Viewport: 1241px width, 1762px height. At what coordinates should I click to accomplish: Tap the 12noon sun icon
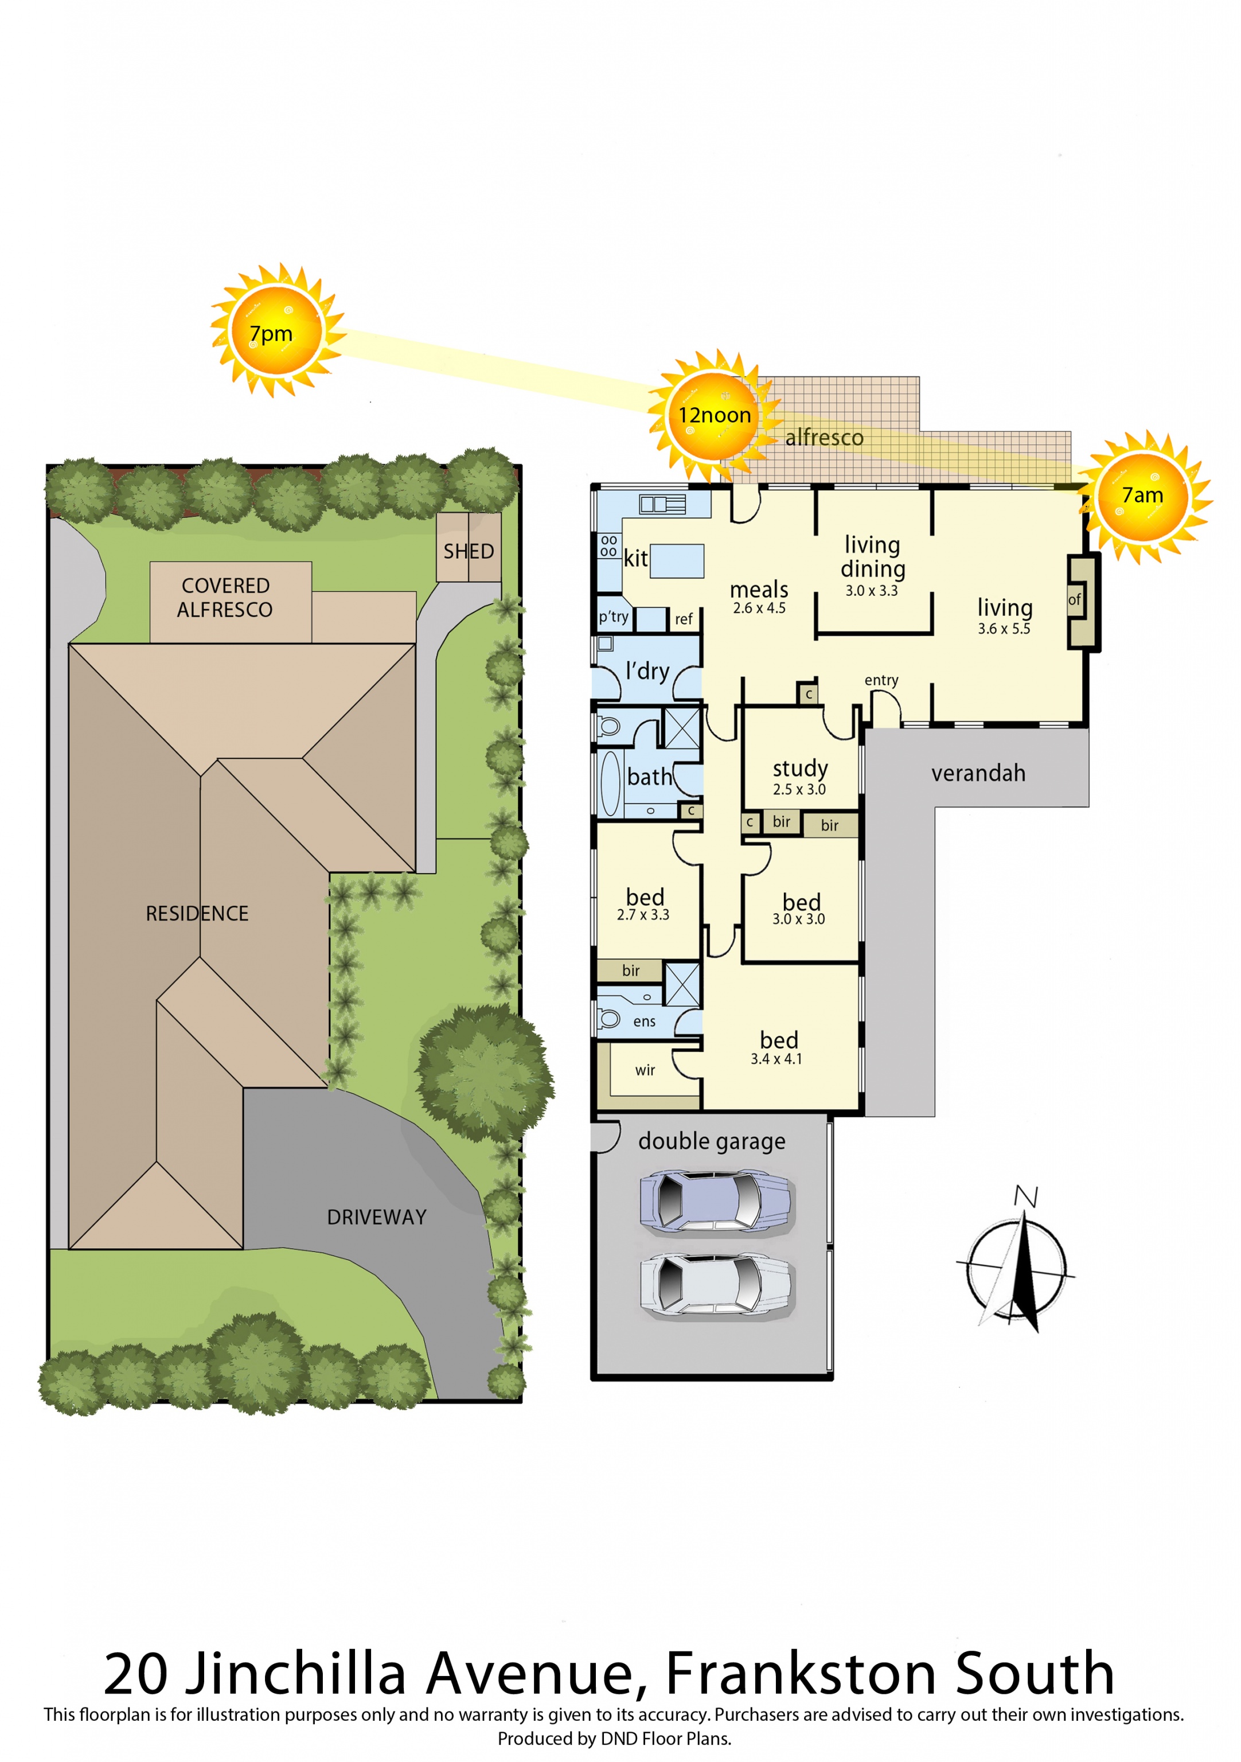pyautogui.click(x=714, y=415)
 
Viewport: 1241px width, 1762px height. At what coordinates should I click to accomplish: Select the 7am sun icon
pyautogui.click(x=1143, y=496)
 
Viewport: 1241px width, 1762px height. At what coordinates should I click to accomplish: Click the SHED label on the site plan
pyautogui.click(x=468, y=551)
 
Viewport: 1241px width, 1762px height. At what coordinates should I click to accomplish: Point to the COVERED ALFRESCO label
pyautogui.click(x=225, y=597)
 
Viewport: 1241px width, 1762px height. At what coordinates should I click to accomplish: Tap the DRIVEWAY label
pyautogui.click(x=376, y=1217)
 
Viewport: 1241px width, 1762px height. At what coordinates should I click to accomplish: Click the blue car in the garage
pyautogui.click(x=715, y=1203)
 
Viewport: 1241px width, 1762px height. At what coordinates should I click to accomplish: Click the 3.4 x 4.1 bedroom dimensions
pyautogui.click(x=776, y=1059)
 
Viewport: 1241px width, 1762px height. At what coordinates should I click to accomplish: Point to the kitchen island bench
pyautogui.click(x=676, y=560)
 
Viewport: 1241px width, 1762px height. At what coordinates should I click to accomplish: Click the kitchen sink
pyautogui.click(x=663, y=504)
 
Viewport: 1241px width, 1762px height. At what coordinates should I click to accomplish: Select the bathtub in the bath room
pyautogui.click(x=610, y=783)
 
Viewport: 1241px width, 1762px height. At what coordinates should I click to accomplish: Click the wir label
pyautogui.click(x=645, y=1070)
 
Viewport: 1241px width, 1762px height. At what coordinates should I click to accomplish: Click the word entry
pyautogui.click(x=881, y=681)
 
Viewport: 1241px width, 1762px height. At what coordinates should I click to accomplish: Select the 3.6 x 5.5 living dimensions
pyautogui.click(x=1004, y=629)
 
